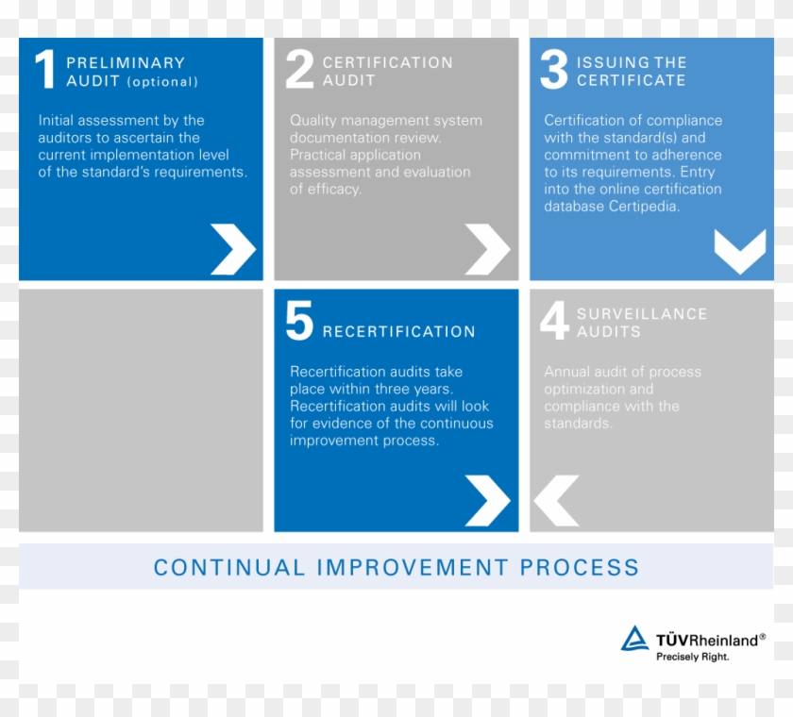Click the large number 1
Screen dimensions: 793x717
pos(45,69)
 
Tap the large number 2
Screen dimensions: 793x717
pos(299,69)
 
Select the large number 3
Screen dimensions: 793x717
pos(554,69)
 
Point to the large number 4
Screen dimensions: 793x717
pos(555,321)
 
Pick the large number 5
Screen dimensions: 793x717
pos(299,321)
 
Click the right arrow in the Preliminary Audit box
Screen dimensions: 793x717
pos(233,249)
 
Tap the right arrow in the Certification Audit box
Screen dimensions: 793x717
pos(487,249)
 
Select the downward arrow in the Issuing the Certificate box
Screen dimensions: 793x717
pos(740,251)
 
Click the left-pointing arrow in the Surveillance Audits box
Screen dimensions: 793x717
pos(556,501)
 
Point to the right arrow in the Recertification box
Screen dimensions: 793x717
pos(487,501)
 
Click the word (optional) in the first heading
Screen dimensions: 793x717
pos(162,82)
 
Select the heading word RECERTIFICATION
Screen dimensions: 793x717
pos(399,331)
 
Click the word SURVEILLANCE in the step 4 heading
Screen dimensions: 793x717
pos(642,314)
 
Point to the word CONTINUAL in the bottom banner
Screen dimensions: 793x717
pos(229,567)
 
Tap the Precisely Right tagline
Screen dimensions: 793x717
pos(692,657)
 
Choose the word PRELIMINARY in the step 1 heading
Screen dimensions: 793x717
pos(126,62)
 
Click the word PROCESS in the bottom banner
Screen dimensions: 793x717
pos(580,567)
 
